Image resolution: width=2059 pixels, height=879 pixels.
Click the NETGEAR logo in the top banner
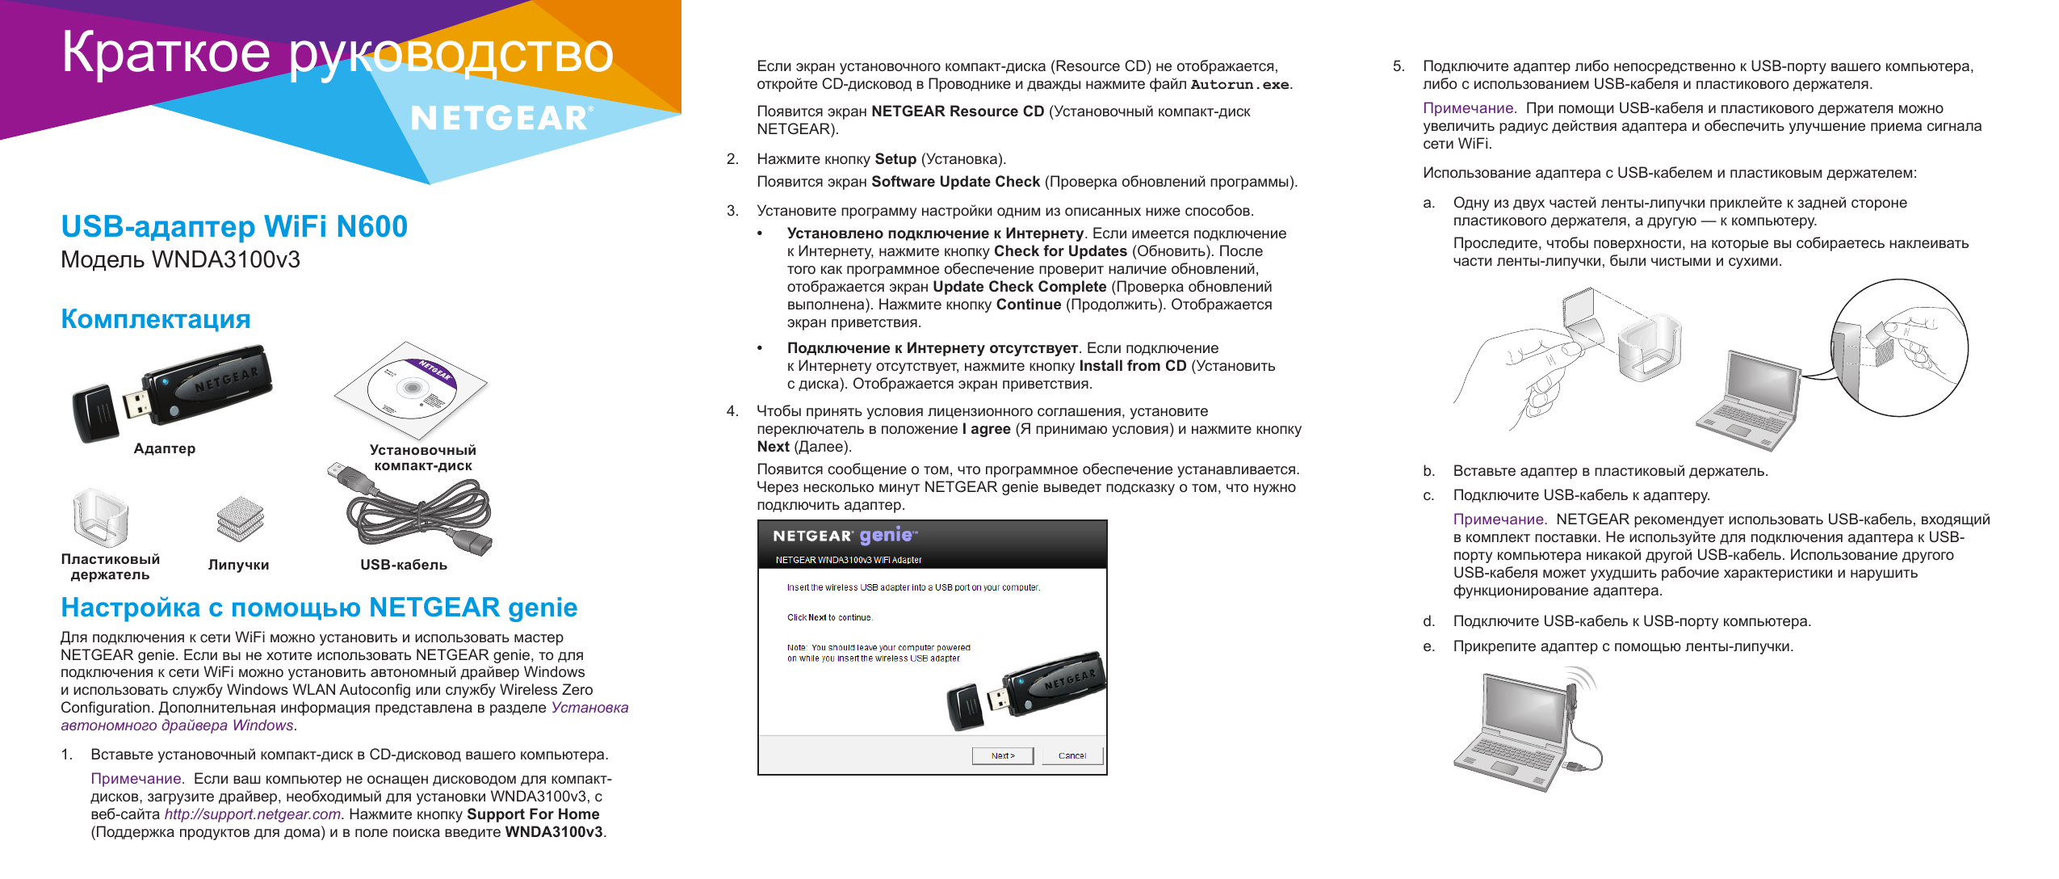(501, 119)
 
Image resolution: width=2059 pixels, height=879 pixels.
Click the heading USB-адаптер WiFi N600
(234, 226)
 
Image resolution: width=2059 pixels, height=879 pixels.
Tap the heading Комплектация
(156, 319)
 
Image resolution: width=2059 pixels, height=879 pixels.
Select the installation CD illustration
(411, 388)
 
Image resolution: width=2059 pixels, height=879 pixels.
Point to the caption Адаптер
(165, 448)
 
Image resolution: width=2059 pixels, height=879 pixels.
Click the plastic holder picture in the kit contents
(100, 517)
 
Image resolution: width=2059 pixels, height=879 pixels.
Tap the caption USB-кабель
(404, 565)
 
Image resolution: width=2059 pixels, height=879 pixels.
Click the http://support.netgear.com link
(252, 814)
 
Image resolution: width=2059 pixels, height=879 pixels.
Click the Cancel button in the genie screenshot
(1071, 755)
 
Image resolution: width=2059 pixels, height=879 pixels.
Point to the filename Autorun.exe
(1239, 84)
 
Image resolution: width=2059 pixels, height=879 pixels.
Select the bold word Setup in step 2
(895, 159)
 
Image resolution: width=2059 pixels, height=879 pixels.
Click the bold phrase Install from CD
(1132, 366)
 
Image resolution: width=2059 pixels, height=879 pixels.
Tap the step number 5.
(1399, 66)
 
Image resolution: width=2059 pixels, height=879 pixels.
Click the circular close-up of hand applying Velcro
(1898, 347)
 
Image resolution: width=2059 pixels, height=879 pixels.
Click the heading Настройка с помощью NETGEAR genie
(319, 607)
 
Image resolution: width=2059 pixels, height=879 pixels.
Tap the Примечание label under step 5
(1468, 108)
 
